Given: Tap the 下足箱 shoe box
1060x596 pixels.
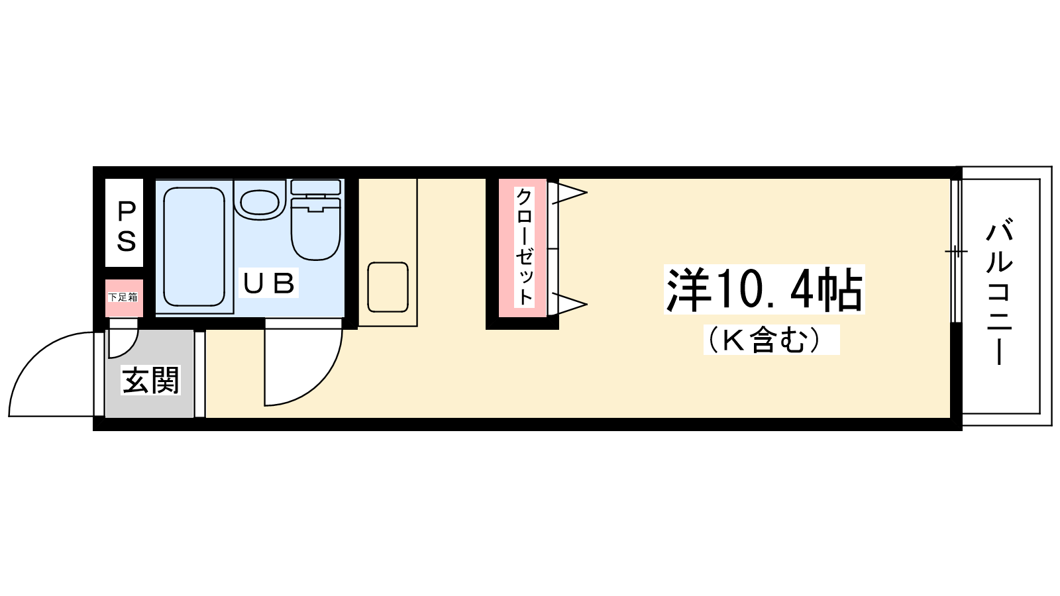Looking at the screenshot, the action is point(123,298).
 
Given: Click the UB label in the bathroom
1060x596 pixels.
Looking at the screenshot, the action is point(269,283).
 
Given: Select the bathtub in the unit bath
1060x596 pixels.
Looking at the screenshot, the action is point(194,246).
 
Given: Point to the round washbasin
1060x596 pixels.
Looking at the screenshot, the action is point(259,202).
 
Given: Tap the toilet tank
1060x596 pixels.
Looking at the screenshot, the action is point(315,187).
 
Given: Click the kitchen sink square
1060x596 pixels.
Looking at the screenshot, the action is point(388,287).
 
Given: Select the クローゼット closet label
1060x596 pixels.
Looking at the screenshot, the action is point(524,246).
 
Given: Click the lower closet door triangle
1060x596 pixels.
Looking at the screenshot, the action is point(570,304).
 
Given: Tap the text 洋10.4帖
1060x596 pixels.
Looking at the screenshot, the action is point(765,289).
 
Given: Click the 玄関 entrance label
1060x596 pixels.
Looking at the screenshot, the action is point(151,380).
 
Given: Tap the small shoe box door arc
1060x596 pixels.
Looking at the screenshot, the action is point(129,348).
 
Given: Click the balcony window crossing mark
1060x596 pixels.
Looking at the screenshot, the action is point(956,251).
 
